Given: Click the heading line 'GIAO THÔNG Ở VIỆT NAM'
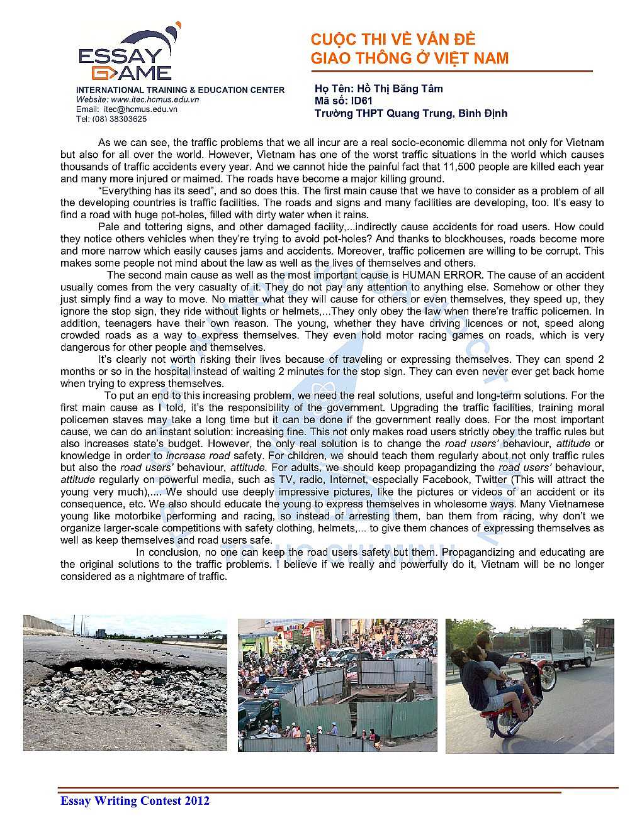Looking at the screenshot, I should [409, 58].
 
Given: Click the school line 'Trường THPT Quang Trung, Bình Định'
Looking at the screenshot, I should [410, 113].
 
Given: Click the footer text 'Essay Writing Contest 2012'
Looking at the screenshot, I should [135, 800].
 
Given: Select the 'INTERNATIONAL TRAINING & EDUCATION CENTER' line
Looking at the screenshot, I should [180, 90].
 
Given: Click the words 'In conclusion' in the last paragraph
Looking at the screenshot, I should [167, 552].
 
